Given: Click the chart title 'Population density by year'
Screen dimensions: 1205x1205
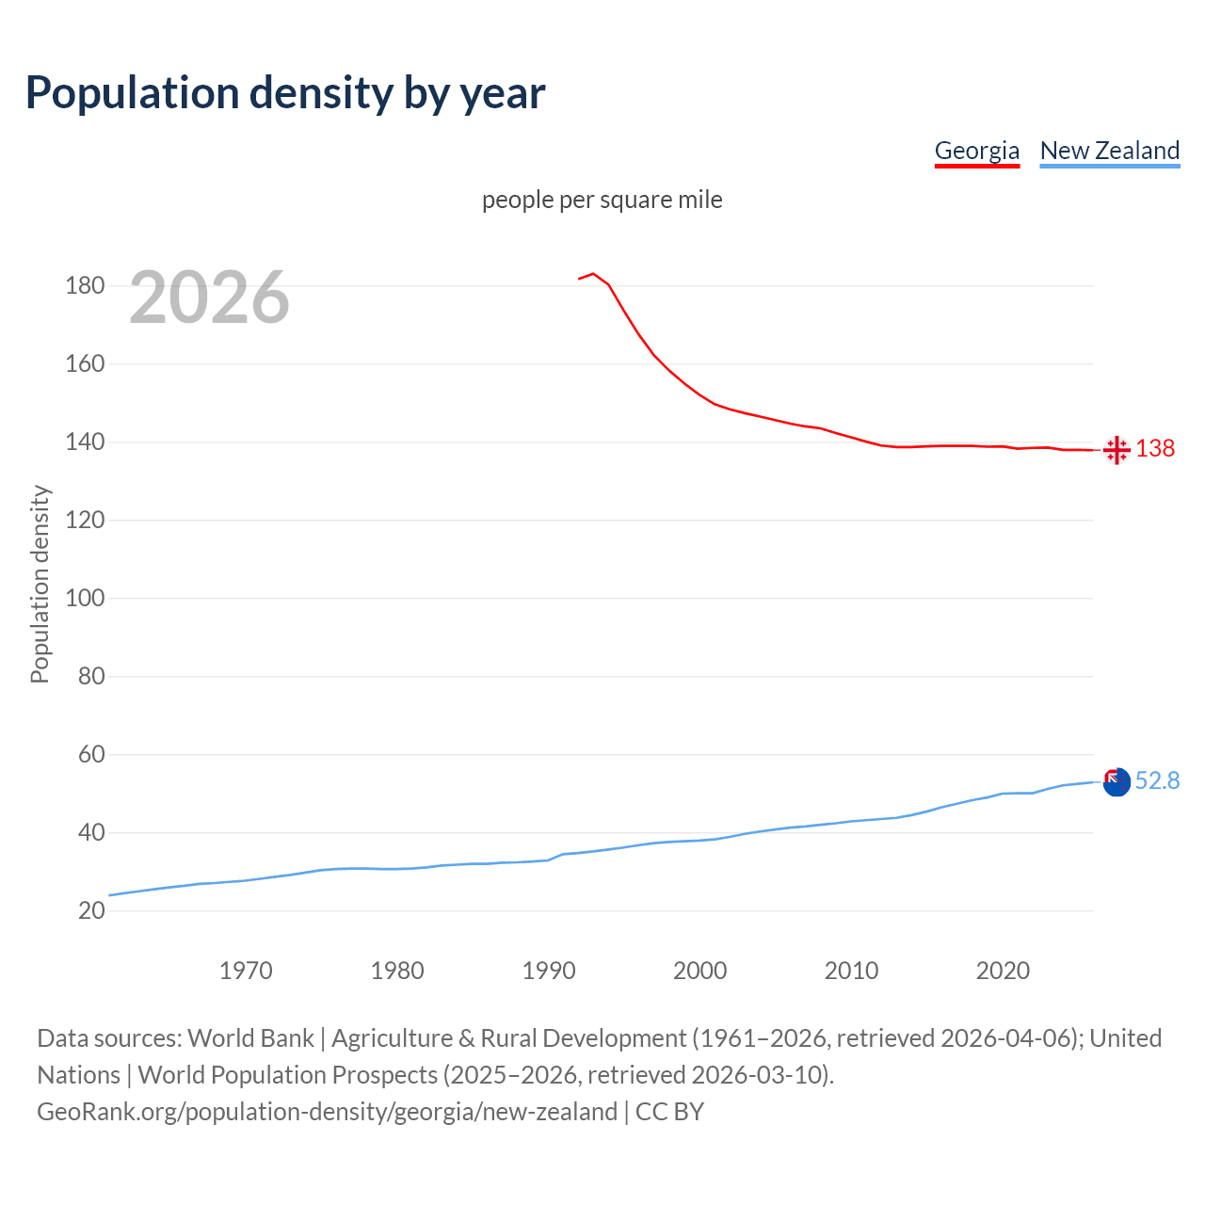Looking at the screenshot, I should (x=285, y=92).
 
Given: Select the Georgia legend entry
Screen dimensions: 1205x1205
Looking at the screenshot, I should (x=976, y=151).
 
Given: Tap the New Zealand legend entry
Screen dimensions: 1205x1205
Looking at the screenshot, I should (x=1109, y=151).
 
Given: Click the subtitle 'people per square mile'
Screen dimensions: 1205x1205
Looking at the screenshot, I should (x=602, y=200).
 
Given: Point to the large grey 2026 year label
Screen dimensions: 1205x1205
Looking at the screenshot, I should (x=209, y=297).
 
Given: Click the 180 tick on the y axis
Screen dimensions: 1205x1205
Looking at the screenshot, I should (x=85, y=286).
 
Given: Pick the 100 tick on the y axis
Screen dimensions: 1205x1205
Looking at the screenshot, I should (x=85, y=599).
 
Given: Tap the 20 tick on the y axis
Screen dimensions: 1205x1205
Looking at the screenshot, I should (x=91, y=911).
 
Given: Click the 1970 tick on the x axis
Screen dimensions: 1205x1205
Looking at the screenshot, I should (x=246, y=971).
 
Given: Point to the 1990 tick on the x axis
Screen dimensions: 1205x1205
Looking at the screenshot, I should (x=549, y=971).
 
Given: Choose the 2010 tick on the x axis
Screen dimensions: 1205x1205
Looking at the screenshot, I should (x=851, y=971).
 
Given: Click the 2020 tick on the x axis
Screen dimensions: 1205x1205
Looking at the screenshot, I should (x=1003, y=971).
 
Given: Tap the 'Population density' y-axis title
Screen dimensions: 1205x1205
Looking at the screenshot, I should (x=40, y=584).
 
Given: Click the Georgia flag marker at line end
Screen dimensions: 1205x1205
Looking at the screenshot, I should (x=1117, y=450).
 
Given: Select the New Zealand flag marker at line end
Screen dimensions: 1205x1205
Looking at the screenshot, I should (x=1117, y=781).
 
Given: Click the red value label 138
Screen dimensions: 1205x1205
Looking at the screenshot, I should (x=1155, y=448).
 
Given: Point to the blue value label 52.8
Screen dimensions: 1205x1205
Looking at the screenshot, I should (x=1157, y=781).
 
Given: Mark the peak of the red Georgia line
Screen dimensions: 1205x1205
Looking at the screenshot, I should (x=593, y=274).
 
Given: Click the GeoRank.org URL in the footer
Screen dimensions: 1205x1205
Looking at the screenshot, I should (x=327, y=1112).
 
